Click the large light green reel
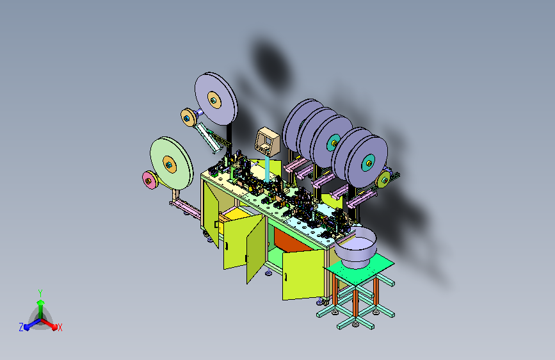coord(172,163)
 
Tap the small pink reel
coord(149,180)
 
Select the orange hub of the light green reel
coord(170,165)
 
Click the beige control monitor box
coord(267,142)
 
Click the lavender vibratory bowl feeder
coord(355,247)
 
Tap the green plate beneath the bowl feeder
coord(358,272)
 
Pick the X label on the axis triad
coord(60,328)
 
